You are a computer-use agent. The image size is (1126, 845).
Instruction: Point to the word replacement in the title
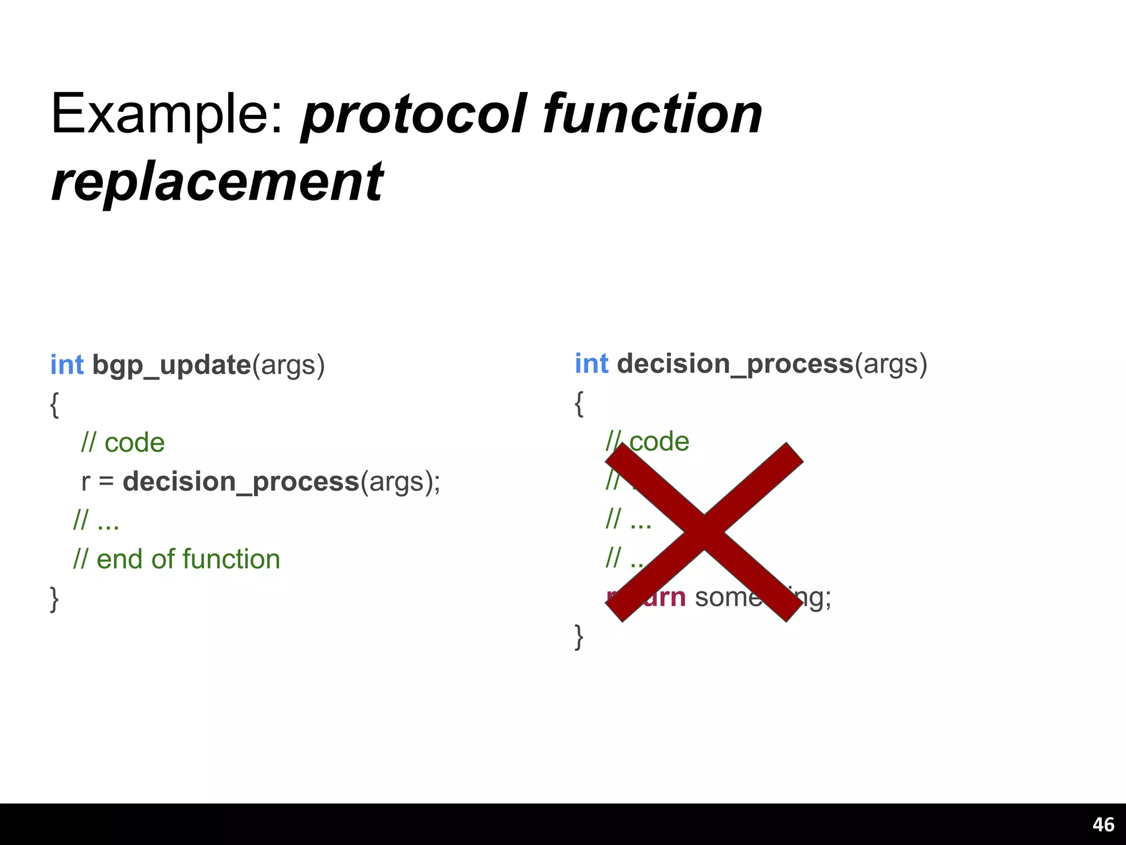(217, 182)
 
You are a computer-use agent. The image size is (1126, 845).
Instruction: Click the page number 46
(1103, 825)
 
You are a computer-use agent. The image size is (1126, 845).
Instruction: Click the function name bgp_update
(172, 365)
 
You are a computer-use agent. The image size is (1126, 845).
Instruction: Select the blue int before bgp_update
(67, 365)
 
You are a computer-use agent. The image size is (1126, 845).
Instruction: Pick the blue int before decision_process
(592, 364)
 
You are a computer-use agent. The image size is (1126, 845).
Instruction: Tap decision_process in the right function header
(735, 364)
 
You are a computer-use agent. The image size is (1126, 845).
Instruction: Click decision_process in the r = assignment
(241, 482)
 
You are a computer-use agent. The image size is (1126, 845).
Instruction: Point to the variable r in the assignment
(85, 482)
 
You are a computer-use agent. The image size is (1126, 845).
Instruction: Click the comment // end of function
(176, 559)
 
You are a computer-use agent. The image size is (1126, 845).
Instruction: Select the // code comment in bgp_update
(123, 443)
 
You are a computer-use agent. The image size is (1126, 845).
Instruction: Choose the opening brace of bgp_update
(54, 405)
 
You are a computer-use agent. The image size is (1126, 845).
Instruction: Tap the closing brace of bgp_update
(54, 599)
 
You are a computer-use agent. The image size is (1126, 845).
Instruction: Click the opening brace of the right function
(578, 404)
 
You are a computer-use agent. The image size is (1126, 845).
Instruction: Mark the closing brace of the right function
(578, 637)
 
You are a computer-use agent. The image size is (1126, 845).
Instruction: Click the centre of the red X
(704, 532)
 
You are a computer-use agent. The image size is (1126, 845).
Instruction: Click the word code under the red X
(660, 441)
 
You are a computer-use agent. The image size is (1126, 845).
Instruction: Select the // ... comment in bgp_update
(96, 520)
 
